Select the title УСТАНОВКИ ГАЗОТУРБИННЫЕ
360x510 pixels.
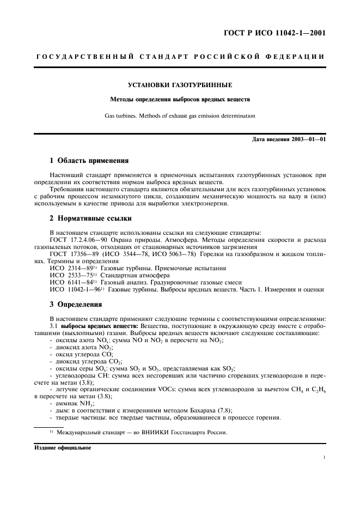180,86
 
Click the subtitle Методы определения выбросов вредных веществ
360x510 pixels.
180,100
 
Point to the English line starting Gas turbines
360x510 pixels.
180,116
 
